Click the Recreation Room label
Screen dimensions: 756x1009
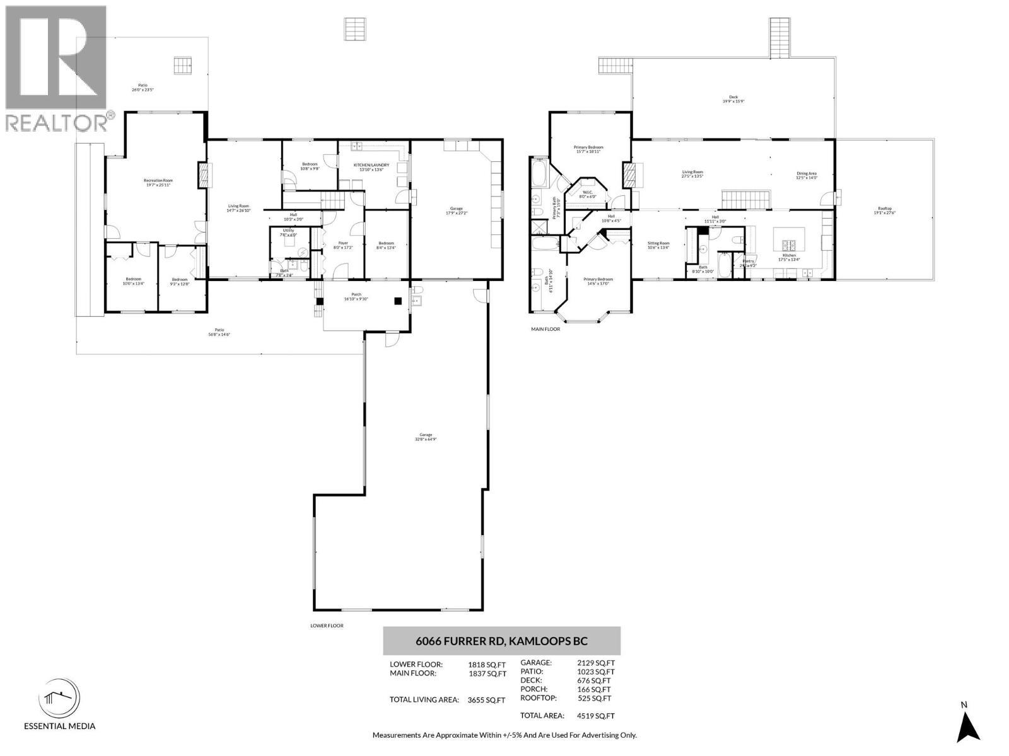pyautogui.click(x=158, y=183)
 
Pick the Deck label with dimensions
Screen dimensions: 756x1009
pyautogui.click(x=733, y=99)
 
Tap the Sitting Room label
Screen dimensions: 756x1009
pyautogui.click(x=658, y=245)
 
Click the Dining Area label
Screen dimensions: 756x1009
pyautogui.click(x=807, y=175)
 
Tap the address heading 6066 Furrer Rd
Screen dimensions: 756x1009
pyautogui.click(x=501, y=641)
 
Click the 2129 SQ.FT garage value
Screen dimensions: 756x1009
pyautogui.click(x=596, y=663)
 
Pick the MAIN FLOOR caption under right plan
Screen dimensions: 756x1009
pyautogui.click(x=545, y=329)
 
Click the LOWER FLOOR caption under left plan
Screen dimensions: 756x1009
pyautogui.click(x=327, y=626)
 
